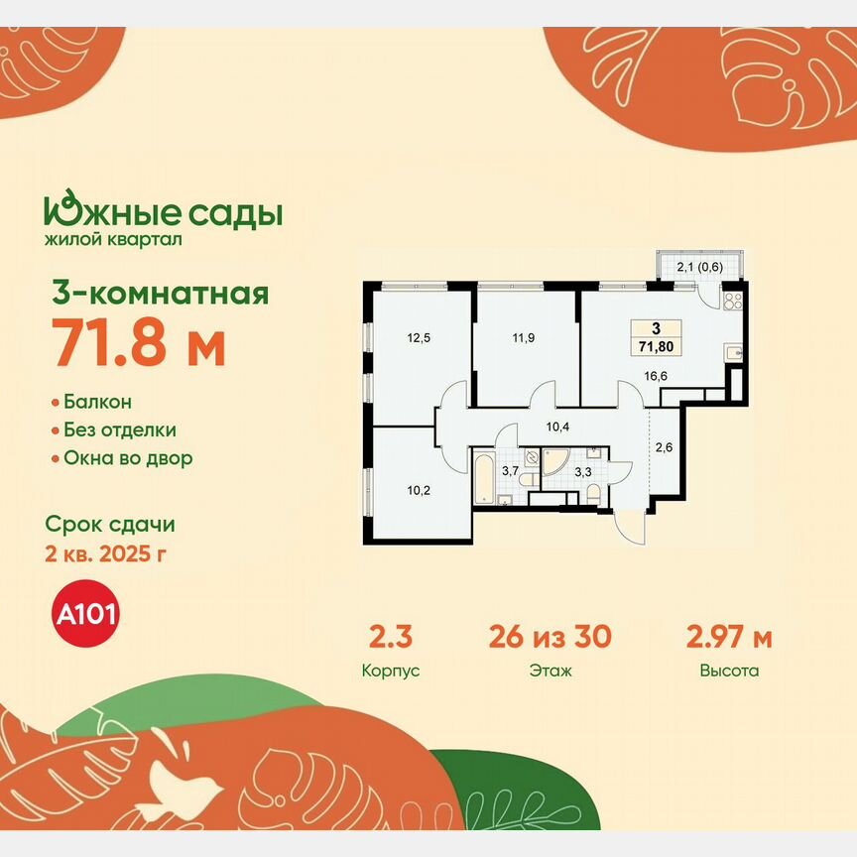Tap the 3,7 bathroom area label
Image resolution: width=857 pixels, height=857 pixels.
[510, 471]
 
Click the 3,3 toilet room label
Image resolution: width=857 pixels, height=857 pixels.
[585, 472]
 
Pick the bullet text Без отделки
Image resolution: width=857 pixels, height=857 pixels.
[120, 430]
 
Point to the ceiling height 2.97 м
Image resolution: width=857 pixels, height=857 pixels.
[729, 637]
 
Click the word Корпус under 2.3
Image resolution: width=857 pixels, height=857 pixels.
[391, 671]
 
